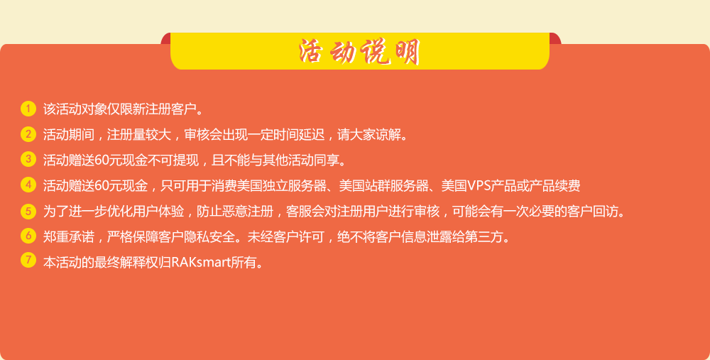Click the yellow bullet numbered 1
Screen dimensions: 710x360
click(x=28, y=109)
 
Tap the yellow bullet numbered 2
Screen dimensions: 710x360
click(x=28, y=134)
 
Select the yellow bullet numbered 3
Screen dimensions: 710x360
click(x=28, y=159)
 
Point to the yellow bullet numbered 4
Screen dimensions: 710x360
click(x=28, y=185)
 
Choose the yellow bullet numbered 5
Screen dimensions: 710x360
click(x=28, y=211)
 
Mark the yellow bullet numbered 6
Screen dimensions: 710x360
click(x=28, y=236)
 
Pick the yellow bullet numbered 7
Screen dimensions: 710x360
click(x=28, y=261)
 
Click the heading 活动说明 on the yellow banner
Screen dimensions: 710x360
click(x=359, y=52)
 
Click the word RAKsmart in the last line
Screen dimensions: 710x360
click(x=201, y=262)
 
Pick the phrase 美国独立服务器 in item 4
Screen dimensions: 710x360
click(x=282, y=185)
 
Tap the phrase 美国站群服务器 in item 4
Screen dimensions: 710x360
click(x=384, y=185)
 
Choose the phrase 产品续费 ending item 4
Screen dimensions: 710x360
click(x=555, y=185)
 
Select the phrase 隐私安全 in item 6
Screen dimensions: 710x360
click(x=210, y=237)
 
